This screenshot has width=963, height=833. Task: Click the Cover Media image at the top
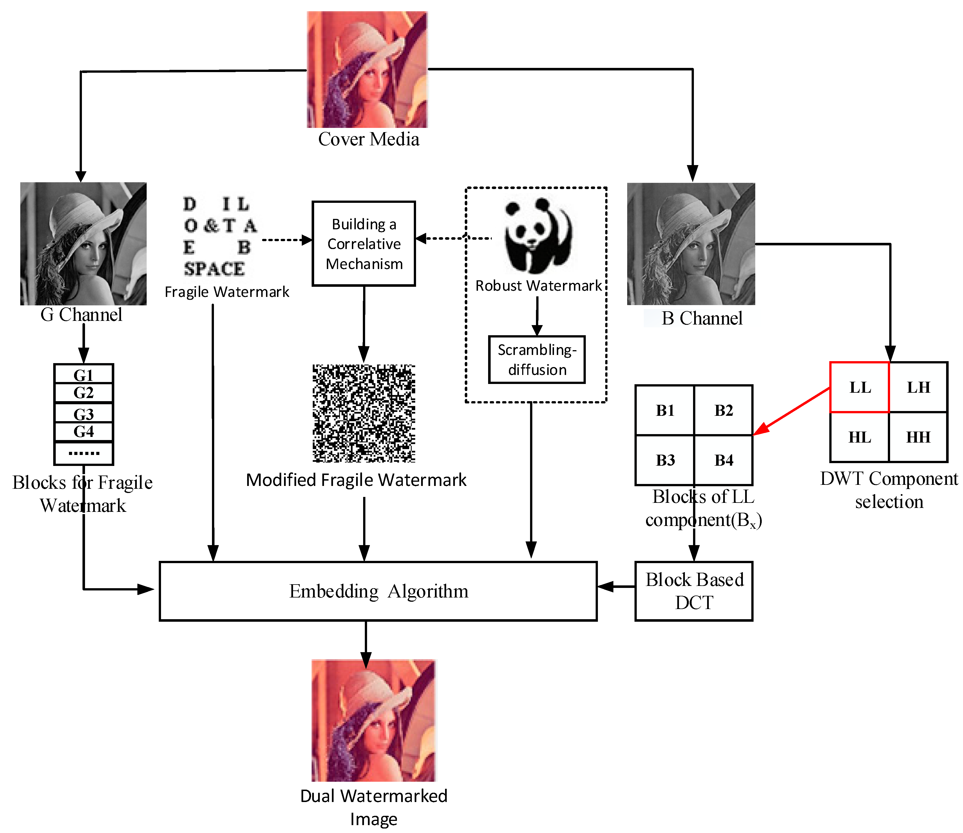click(x=367, y=70)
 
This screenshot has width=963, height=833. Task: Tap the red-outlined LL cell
click(x=859, y=387)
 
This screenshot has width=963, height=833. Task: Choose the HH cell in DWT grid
click(x=918, y=437)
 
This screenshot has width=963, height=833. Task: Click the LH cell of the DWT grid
click(x=918, y=387)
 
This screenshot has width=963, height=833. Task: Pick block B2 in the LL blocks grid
click(x=723, y=410)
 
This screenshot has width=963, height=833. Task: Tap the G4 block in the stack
click(x=84, y=432)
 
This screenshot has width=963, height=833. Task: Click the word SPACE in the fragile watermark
click(x=214, y=269)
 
